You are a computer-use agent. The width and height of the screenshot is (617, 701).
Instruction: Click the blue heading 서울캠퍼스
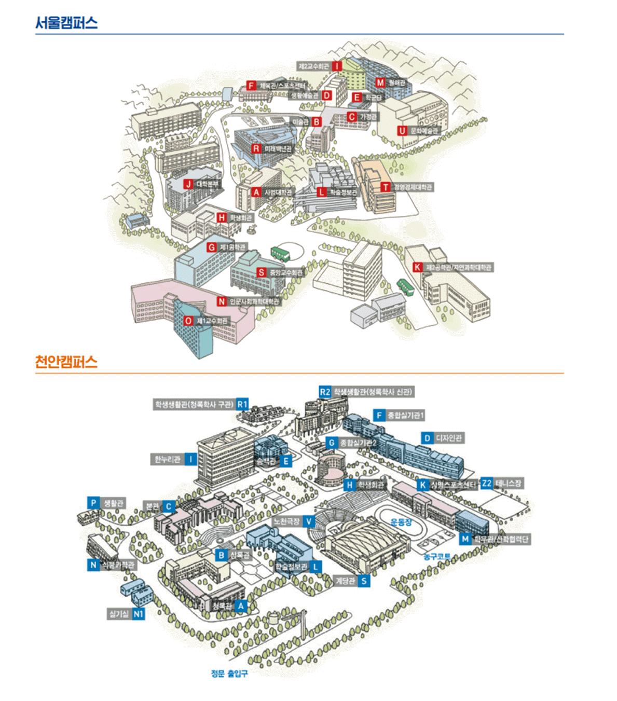pyautogui.click(x=66, y=23)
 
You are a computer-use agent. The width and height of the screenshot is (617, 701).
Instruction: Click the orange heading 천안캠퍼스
pyautogui.click(x=66, y=362)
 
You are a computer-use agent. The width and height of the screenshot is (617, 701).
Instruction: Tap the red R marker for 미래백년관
pyautogui.click(x=256, y=149)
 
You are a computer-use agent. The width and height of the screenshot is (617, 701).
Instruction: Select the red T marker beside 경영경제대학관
pyautogui.click(x=386, y=187)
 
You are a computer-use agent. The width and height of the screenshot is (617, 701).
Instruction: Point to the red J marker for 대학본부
pyautogui.click(x=188, y=184)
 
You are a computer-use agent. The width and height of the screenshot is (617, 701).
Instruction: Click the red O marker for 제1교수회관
pyautogui.click(x=188, y=321)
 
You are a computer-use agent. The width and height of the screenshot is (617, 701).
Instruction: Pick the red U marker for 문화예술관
pyautogui.click(x=402, y=131)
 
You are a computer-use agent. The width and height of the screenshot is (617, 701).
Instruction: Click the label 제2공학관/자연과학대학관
pyautogui.click(x=458, y=267)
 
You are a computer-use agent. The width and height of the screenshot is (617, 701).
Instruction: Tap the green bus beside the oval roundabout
pyautogui.click(x=280, y=254)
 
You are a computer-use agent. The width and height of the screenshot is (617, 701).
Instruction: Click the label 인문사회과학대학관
pyautogui.click(x=254, y=301)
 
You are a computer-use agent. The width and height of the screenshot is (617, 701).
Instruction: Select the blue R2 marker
pyautogui.click(x=325, y=392)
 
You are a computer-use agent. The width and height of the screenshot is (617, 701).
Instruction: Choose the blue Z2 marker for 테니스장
pyautogui.click(x=486, y=484)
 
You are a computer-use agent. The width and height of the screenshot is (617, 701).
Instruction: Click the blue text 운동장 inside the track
pyautogui.click(x=401, y=522)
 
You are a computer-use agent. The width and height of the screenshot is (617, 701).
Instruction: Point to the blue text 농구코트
pyautogui.click(x=436, y=557)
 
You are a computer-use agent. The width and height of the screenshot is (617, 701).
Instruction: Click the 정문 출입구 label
pyautogui.click(x=229, y=673)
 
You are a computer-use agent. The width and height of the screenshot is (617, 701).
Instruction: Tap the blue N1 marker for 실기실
pyautogui.click(x=138, y=614)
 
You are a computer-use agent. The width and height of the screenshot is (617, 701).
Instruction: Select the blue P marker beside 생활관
pyautogui.click(x=93, y=503)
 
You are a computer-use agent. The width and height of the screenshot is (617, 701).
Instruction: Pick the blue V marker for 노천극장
pyautogui.click(x=309, y=521)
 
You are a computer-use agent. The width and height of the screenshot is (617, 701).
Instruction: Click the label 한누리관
pyautogui.click(x=168, y=459)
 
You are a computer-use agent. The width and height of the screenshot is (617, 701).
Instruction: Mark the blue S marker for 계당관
pyautogui.click(x=364, y=581)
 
